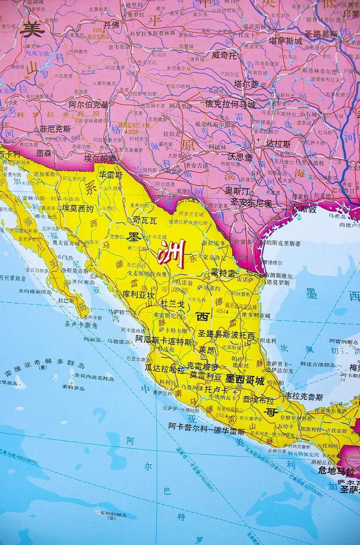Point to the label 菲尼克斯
(55, 129)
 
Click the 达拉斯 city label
(278, 144)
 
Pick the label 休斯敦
(305, 209)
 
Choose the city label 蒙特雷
(223, 272)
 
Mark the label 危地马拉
(336, 471)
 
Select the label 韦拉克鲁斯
(304, 396)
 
